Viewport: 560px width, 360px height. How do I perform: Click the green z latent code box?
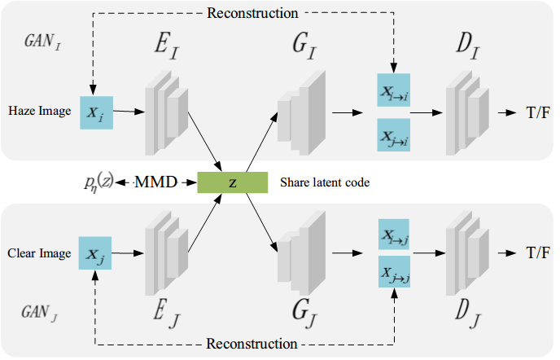[x=232, y=182]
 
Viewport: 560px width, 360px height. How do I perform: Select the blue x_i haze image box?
[x=96, y=114]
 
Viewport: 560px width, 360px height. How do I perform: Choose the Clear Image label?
[x=37, y=252]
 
